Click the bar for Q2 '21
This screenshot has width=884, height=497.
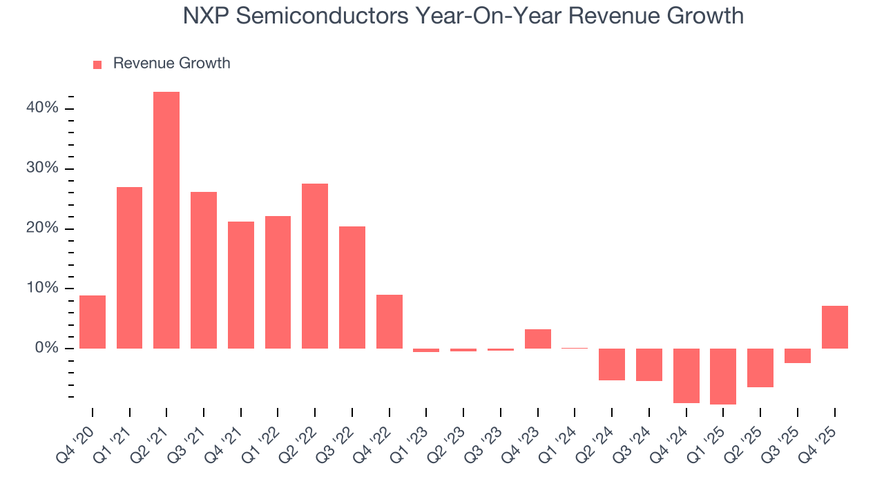point(166,220)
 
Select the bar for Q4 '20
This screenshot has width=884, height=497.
point(93,322)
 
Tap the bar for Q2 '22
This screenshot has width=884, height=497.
point(315,266)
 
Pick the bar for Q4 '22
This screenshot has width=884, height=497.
point(390,322)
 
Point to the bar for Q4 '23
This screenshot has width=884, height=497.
point(538,339)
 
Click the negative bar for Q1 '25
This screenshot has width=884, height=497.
point(723,376)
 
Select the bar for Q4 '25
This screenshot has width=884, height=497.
point(834,327)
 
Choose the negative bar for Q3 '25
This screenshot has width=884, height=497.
point(798,355)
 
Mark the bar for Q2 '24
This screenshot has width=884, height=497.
point(612,364)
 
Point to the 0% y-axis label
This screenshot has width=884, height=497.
point(46,349)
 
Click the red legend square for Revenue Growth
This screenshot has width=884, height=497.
point(97,64)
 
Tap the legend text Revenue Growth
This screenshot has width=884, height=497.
point(171,64)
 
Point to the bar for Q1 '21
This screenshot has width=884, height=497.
point(130,268)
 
